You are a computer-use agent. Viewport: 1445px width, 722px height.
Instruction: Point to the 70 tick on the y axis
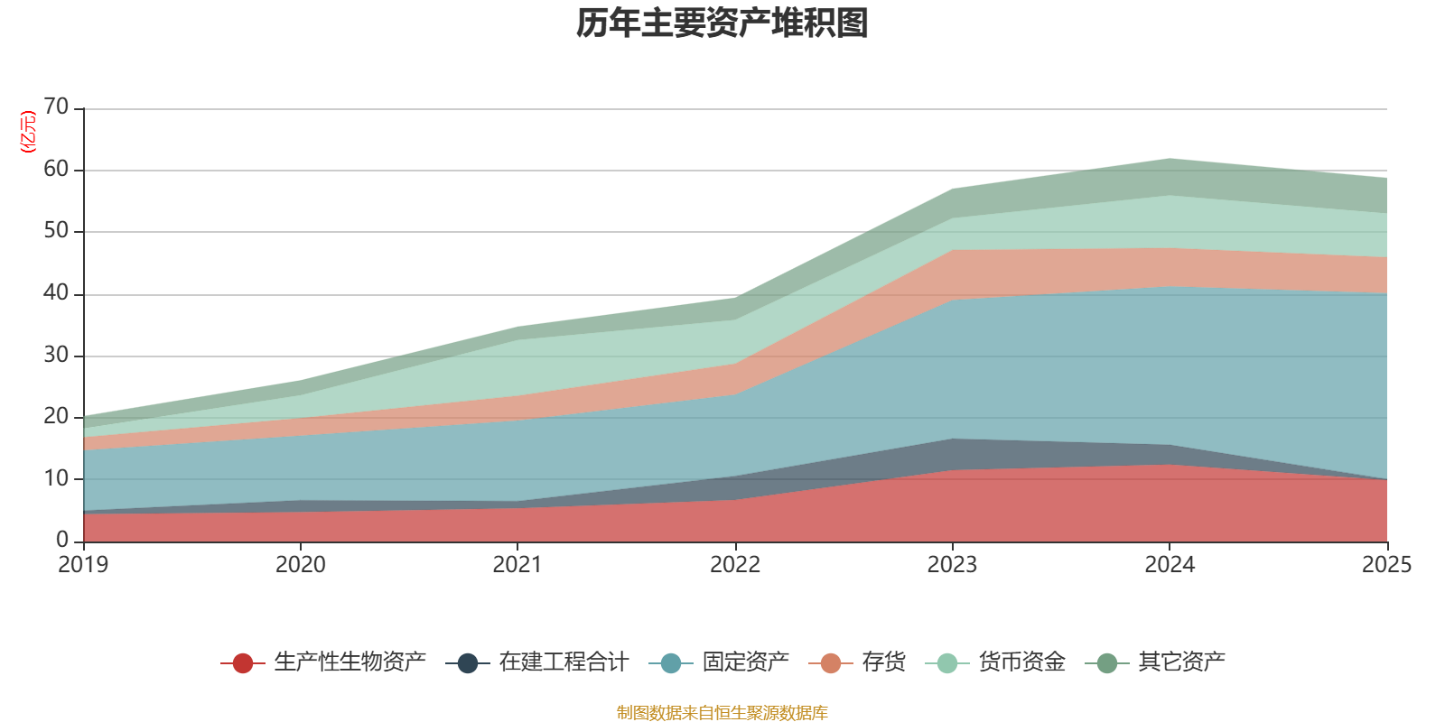56,107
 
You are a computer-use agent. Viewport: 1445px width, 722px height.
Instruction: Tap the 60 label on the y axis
56,170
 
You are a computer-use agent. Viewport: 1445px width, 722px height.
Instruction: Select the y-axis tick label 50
56,231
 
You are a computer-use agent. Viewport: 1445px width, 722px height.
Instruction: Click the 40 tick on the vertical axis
56,293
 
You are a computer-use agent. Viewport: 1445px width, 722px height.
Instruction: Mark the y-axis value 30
56,355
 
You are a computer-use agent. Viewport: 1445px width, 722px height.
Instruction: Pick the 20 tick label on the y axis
56,417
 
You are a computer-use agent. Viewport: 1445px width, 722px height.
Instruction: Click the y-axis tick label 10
56,478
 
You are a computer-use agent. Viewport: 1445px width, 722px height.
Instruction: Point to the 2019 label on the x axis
83,565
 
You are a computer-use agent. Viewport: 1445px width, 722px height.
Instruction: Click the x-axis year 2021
517,565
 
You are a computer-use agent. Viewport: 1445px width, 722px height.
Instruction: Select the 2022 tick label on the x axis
735,565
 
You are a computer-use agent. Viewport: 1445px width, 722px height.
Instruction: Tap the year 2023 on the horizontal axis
952,565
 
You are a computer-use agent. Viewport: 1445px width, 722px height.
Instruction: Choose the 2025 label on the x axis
1386,565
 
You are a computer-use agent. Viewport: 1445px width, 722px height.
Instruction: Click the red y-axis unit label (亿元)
28,132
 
